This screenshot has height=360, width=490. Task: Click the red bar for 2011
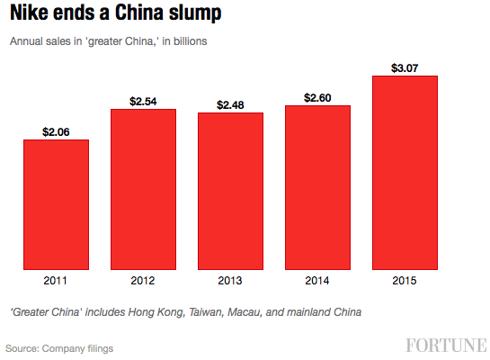tap(56, 204)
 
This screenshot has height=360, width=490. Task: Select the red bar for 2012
tap(143, 189)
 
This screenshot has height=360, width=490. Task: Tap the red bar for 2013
tap(230, 191)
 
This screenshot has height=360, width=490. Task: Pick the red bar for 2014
tap(317, 187)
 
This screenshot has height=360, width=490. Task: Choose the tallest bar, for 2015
tap(405, 172)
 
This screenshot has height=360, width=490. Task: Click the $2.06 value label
tap(56, 131)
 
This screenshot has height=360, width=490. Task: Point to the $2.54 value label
tap(143, 101)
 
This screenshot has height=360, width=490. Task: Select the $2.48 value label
tap(230, 105)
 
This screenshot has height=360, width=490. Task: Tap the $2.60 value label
tap(317, 97)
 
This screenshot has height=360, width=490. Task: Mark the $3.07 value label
tap(405, 67)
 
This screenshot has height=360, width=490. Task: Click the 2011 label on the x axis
tap(56, 280)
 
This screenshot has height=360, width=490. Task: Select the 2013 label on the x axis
tap(230, 280)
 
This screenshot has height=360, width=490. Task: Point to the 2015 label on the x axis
tap(405, 280)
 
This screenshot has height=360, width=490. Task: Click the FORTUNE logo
tap(446, 346)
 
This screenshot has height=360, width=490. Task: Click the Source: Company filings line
tap(59, 347)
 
